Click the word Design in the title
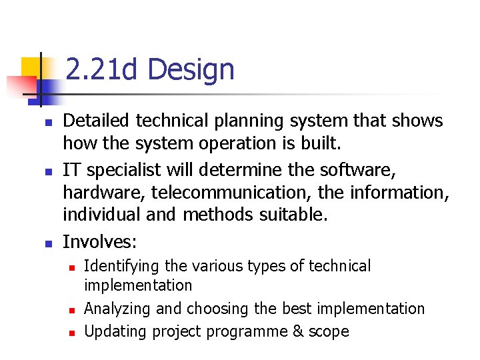(191, 70)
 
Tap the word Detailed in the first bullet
(97, 121)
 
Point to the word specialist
(120, 169)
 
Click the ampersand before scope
(299, 331)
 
